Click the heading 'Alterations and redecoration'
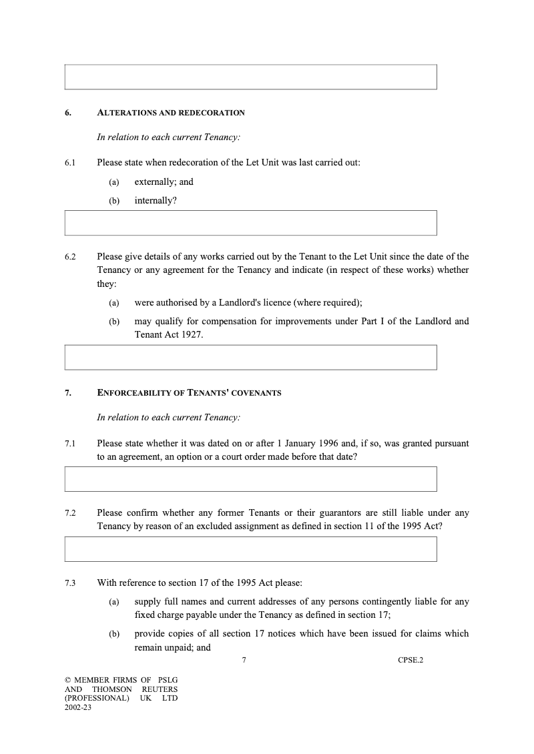[x=171, y=113]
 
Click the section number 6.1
[x=70, y=163]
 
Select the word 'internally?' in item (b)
[x=156, y=200]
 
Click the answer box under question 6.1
[x=250, y=223]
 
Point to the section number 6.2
[x=70, y=257]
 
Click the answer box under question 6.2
[x=250, y=357]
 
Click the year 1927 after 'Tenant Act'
[x=192, y=335]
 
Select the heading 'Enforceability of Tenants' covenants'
[x=189, y=393]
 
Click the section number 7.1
[x=70, y=444]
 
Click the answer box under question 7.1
[x=250, y=479]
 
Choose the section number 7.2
[x=70, y=513]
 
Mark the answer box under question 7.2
[x=250, y=548]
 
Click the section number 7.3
[x=70, y=583]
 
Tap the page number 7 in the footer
[x=244, y=660]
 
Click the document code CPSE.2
[x=411, y=660]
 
